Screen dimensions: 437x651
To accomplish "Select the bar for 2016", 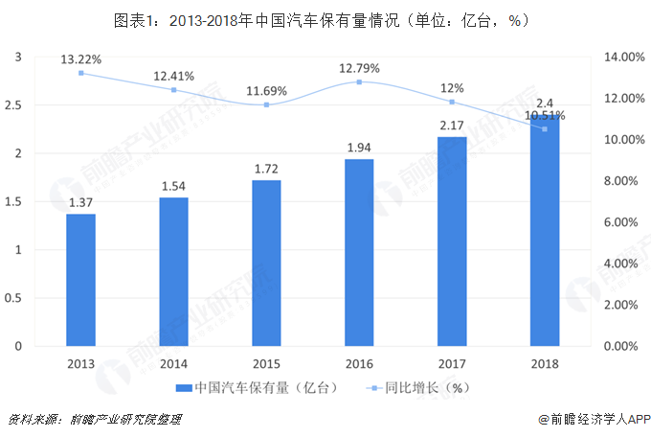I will (360, 252).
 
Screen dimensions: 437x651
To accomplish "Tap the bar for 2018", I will (545, 230).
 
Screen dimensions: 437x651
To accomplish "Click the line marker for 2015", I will (267, 104).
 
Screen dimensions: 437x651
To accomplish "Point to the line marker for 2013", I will (80, 73).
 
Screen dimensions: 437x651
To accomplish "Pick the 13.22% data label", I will (80, 59).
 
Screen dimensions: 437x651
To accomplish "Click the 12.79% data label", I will (360, 68).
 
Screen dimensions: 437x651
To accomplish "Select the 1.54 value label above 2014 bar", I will (173, 185).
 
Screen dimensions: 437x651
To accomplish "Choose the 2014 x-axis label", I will (173, 364).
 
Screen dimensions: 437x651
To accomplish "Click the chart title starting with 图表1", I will (325, 19).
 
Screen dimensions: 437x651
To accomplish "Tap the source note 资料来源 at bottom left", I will (94, 420).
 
